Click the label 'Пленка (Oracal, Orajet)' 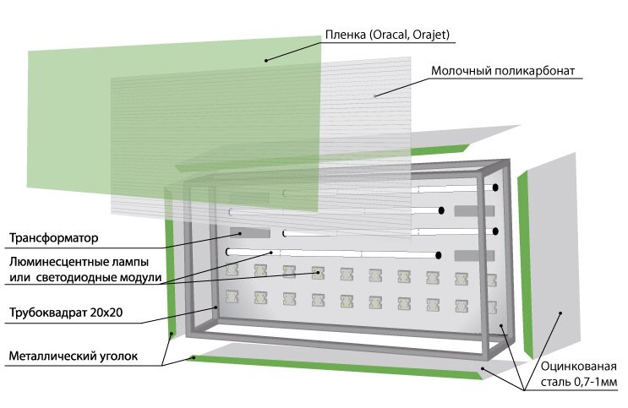387,35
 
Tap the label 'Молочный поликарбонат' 503,71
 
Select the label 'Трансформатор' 53,238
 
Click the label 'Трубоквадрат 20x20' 66,313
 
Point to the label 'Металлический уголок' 74,356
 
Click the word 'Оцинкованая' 578,367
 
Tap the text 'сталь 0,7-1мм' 579,382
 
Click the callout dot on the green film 266,61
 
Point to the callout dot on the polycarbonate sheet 375,96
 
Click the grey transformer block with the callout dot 249,233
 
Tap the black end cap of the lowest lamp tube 439,255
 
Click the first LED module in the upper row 232,269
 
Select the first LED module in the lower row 232,296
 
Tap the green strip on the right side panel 525,264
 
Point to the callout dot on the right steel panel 560,313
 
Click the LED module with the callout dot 318,273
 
